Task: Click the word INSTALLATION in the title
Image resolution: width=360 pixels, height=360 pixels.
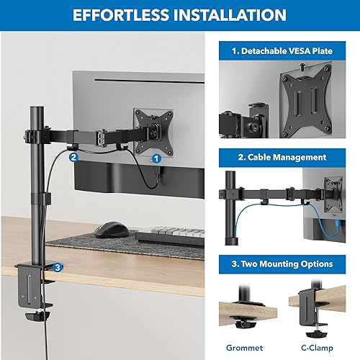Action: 226,15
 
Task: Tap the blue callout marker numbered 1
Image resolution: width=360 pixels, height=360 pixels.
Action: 156,156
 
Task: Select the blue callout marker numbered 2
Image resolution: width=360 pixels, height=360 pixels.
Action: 73,153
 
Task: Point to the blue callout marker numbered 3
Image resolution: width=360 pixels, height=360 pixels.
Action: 58,266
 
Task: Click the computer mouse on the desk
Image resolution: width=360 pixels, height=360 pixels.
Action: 111,229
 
